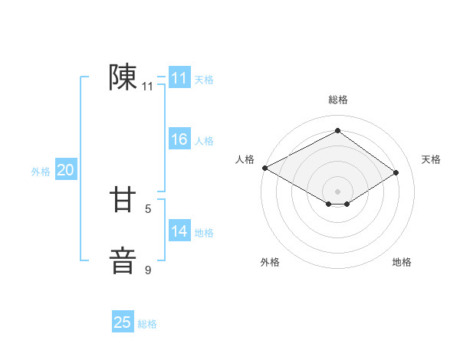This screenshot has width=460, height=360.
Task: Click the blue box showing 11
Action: tap(179, 78)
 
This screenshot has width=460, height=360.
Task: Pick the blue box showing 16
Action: tap(179, 139)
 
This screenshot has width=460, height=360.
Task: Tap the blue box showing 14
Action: tap(179, 231)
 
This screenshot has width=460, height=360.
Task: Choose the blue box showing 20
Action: tap(65, 170)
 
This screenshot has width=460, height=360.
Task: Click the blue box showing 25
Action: tap(123, 322)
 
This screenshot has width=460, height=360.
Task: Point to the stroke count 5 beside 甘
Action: tap(148, 208)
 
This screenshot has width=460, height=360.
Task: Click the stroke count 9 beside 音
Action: tap(148, 270)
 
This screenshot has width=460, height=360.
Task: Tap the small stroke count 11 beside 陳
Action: tap(148, 87)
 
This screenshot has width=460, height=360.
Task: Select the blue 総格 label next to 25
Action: tap(147, 324)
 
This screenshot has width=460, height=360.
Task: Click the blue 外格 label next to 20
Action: tap(41, 172)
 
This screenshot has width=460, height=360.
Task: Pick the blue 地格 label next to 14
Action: tap(204, 233)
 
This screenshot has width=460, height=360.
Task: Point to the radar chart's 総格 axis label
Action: tap(337, 100)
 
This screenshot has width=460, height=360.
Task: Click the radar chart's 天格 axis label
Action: tap(431, 159)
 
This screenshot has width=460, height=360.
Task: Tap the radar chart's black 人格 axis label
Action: tap(245, 159)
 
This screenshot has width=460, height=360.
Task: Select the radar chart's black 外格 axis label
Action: tap(270, 262)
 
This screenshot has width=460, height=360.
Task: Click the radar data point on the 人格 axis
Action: tap(264, 168)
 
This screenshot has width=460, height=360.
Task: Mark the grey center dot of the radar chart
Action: tap(337, 191)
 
